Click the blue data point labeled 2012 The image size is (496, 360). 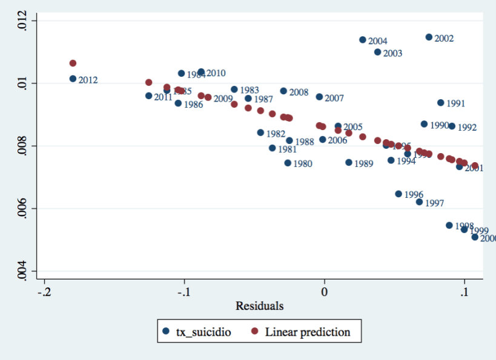click(x=73, y=79)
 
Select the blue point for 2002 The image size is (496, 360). click(x=429, y=37)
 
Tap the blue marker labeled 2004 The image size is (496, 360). click(x=363, y=40)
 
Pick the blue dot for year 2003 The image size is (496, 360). click(x=377, y=52)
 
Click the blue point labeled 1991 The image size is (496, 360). click(x=440, y=103)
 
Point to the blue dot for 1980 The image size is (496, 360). click(x=288, y=163)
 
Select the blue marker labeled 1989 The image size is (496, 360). click(x=348, y=162)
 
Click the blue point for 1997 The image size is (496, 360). click(x=419, y=202)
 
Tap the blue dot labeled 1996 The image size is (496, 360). click(x=398, y=194)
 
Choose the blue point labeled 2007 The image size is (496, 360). click(x=319, y=97)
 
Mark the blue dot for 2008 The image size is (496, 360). click(x=283, y=91)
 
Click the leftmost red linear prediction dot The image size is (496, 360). click(x=73, y=63)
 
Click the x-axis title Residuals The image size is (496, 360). click(x=259, y=306)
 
